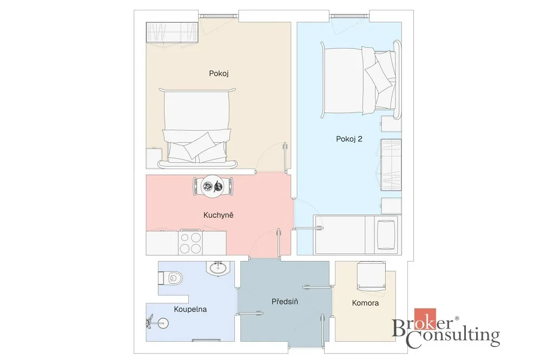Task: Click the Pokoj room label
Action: (x=219, y=74)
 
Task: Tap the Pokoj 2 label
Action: (x=349, y=139)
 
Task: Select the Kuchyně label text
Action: (x=219, y=215)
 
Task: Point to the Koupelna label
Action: (x=190, y=309)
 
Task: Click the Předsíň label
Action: (x=285, y=302)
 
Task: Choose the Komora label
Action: (x=365, y=303)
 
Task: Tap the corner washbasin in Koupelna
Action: (x=219, y=268)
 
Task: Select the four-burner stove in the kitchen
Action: (x=191, y=242)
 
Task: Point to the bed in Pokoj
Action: (x=197, y=128)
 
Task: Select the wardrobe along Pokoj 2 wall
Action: (x=391, y=165)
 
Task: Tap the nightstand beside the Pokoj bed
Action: (x=154, y=158)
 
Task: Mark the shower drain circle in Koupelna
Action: (x=163, y=323)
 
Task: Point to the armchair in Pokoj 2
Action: (x=386, y=234)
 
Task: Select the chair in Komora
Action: (x=371, y=276)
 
